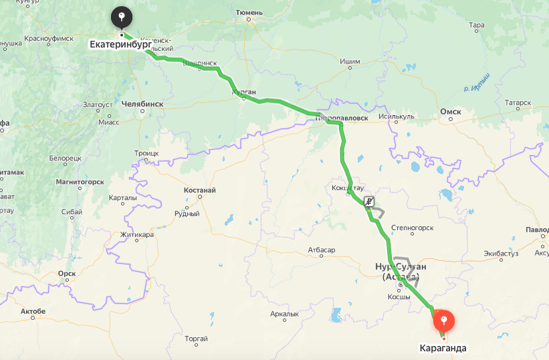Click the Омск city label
450,112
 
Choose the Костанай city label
200,190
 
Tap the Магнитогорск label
80,181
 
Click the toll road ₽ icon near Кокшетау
368,201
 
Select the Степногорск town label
412,228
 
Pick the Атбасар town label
321,250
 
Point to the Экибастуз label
501,254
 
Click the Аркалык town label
284,313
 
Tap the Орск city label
66,273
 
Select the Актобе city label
33,311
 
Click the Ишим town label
350,62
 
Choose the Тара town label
477,25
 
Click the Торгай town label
196,339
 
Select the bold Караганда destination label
443,348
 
